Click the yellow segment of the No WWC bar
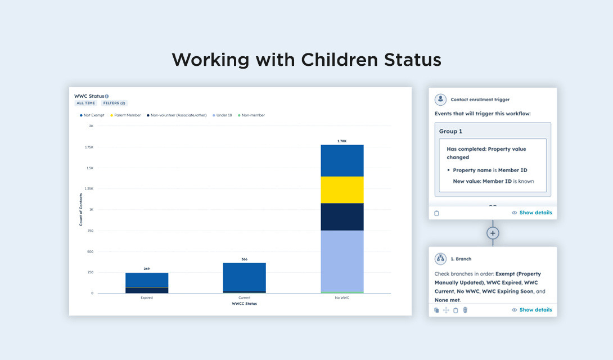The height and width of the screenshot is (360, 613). tap(342, 190)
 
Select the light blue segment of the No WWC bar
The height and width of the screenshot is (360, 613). tap(342, 261)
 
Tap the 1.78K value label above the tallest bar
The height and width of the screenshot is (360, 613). tap(342, 141)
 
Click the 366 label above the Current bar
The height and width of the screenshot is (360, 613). tap(244, 259)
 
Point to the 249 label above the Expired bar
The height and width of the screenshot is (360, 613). tap(147, 269)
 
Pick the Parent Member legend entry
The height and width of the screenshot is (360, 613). tap(125, 115)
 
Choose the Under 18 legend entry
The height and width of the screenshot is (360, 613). tap(222, 115)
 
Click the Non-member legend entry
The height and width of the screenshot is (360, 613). tap(251, 115)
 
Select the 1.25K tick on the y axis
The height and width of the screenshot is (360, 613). tap(89, 188)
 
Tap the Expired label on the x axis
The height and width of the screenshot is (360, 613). tap(147, 298)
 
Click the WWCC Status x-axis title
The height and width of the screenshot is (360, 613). tap(244, 304)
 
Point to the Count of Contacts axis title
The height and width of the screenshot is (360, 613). tap(80, 209)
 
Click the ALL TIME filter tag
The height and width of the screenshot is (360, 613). tap(86, 103)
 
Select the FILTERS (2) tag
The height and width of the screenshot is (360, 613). tap(115, 103)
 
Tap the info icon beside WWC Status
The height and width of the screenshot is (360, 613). tap(107, 96)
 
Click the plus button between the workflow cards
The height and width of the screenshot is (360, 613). tap(493, 233)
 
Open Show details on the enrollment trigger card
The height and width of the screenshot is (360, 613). tap(532, 213)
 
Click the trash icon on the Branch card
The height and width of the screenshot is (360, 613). tap(465, 310)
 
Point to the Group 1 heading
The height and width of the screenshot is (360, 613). tap(450, 131)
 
